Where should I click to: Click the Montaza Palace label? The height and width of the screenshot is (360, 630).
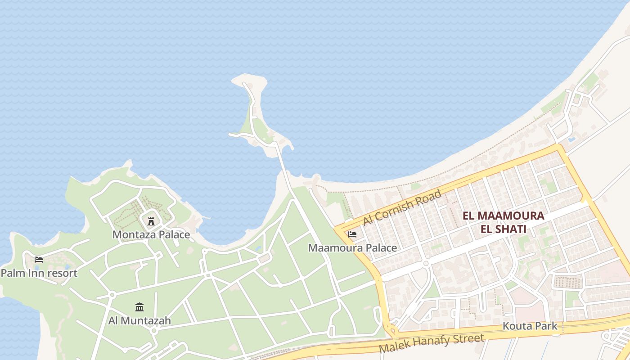tap(151, 234)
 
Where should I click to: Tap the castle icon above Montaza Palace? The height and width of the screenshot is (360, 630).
tap(151, 221)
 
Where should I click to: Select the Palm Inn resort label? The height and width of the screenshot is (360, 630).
tap(39, 273)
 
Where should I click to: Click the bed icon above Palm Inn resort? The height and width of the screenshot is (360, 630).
tap(39, 260)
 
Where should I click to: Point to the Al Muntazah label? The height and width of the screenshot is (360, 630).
tap(139, 321)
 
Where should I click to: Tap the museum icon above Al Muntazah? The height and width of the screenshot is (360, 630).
tap(139, 307)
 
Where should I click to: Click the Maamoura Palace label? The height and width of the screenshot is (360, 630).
tap(352, 248)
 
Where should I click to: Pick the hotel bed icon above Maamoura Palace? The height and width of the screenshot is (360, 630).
tap(352, 234)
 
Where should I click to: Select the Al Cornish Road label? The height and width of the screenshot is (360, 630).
tap(402, 207)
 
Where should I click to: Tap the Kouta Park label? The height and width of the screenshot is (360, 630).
tap(530, 326)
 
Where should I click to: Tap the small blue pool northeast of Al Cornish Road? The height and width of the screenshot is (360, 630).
tap(571, 140)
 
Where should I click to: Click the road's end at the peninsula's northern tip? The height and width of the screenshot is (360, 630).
tap(244, 83)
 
